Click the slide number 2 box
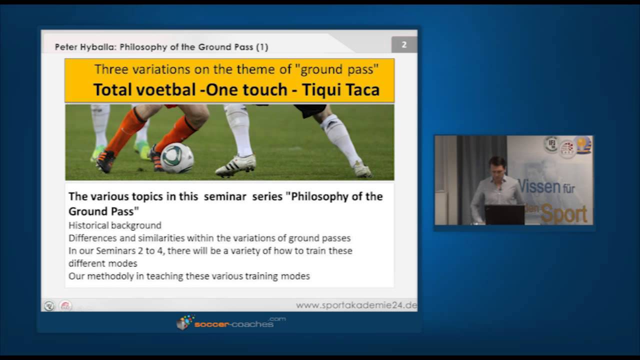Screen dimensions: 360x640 404,45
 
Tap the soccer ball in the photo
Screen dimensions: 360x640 177,158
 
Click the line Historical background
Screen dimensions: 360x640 115,225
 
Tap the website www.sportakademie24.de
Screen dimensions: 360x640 356,305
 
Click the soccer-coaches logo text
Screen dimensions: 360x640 234,324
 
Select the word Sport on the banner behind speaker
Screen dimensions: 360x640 564,214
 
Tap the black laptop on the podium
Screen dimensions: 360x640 504,214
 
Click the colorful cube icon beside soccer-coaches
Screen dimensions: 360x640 184,322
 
